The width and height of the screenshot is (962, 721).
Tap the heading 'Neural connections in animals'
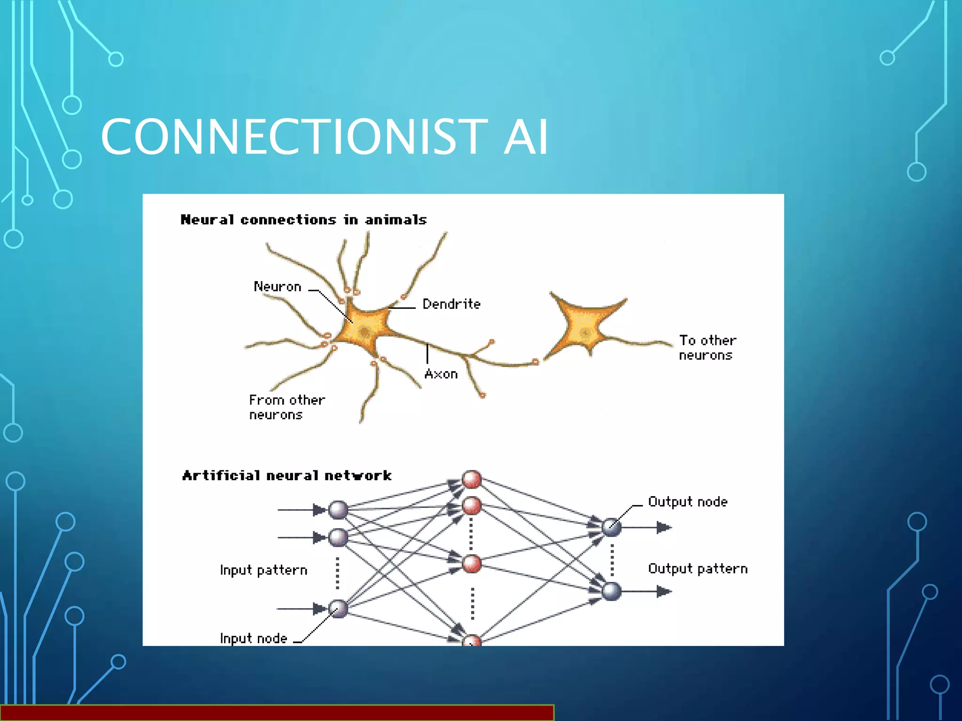point(303,220)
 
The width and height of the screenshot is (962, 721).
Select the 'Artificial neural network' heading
point(287,476)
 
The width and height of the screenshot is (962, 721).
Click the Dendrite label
point(451,304)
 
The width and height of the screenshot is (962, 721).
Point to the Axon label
point(441,374)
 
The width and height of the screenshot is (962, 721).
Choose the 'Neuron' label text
point(277,287)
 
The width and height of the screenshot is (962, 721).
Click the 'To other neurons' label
point(707,348)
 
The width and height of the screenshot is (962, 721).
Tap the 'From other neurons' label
point(287,407)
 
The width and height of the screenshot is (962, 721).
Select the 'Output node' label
point(688,502)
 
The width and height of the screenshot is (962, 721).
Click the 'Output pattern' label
point(698,569)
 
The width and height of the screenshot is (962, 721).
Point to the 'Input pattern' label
point(264,570)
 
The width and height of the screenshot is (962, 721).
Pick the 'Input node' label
point(253,638)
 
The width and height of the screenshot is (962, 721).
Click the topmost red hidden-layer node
point(472,479)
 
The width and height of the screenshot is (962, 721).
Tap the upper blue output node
point(612,527)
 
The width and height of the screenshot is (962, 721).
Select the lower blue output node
point(612,591)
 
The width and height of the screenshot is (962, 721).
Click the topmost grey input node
point(338,510)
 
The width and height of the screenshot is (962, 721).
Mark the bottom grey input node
point(338,609)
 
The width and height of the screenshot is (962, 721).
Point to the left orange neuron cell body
point(365,329)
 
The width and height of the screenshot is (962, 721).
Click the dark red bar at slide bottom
point(277,713)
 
